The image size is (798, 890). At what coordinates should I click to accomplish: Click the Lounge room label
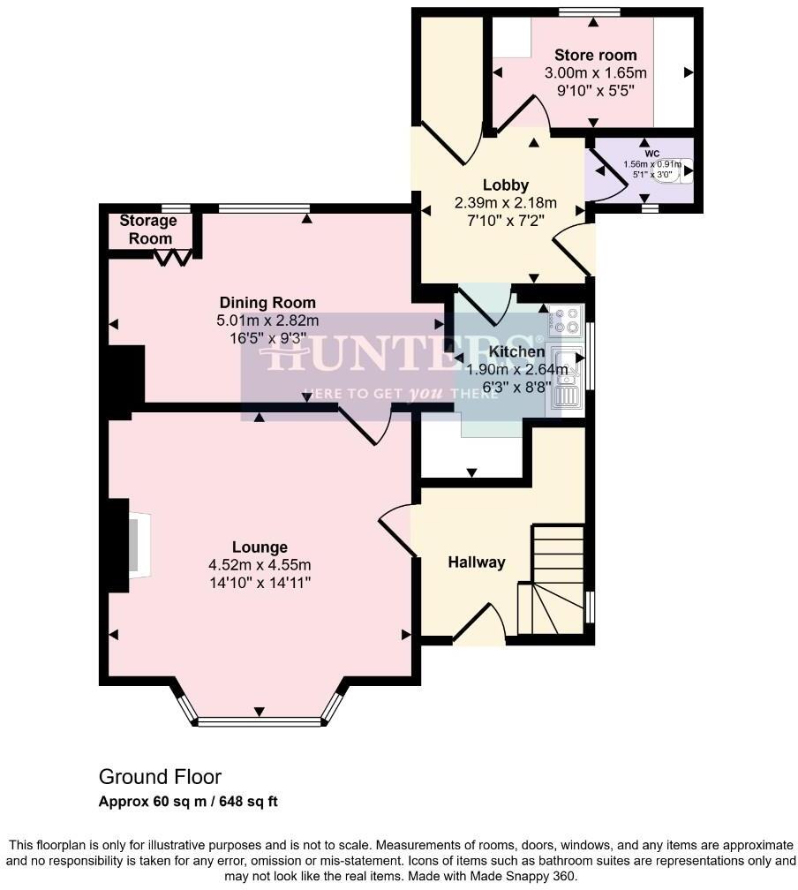(x=260, y=547)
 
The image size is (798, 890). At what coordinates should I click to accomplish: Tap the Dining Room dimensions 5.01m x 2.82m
(x=268, y=321)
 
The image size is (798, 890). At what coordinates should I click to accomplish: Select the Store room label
(x=595, y=55)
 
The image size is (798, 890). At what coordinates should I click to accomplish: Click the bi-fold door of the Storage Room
(x=174, y=257)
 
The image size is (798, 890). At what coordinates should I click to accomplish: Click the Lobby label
(x=505, y=185)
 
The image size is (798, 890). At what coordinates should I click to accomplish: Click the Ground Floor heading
(x=160, y=777)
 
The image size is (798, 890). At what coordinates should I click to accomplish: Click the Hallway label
(x=476, y=562)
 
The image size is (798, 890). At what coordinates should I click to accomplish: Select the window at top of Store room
(x=589, y=12)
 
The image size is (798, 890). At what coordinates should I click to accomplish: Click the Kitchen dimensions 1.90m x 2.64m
(x=520, y=369)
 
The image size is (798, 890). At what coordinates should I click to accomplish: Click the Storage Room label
(x=146, y=230)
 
